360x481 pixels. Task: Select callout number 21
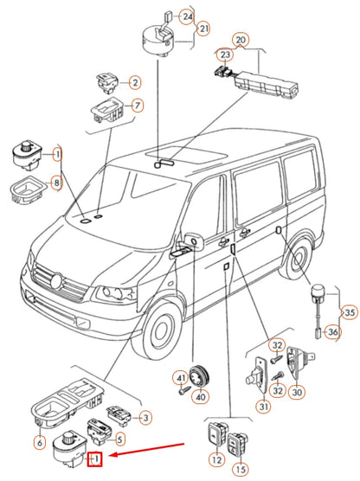coord(204,29)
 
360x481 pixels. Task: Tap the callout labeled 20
coord(241,40)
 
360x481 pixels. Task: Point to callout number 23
coord(226,55)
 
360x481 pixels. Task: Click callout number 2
coord(134,82)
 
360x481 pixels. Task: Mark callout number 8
coord(57,183)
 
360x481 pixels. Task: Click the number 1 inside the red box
coord(98,458)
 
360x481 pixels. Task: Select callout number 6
coord(40,444)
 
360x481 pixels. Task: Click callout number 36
coord(331,330)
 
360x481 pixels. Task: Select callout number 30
coord(299,392)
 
